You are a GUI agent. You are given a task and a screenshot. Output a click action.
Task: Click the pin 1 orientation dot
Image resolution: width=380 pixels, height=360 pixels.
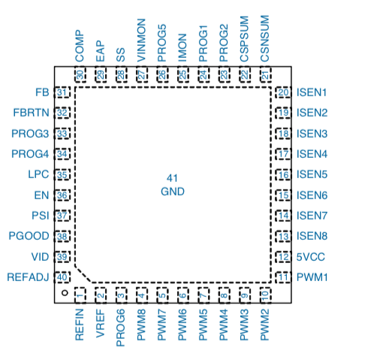(x=65, y=292)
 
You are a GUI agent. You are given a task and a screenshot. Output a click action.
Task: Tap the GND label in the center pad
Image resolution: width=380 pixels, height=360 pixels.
(x=173, y=192)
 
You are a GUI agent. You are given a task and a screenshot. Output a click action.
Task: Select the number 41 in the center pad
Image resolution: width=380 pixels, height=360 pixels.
(x=172, y=178)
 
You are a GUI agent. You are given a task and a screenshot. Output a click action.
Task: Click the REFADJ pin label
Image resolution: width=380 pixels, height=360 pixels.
(x=28, y=277)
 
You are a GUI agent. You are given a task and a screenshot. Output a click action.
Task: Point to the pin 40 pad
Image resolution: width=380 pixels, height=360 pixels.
(x=62, y=277)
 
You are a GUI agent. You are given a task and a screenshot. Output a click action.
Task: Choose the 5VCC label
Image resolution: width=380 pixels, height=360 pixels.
(x=311, y=257)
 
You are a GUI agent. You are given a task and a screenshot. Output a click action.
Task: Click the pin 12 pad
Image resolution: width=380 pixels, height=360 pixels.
(x=283, y=257)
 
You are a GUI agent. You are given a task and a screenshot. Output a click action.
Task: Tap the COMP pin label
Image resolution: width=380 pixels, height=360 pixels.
(x=80, y=46)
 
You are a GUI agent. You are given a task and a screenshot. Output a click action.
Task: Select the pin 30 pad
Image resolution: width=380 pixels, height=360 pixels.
(x=80, y=74)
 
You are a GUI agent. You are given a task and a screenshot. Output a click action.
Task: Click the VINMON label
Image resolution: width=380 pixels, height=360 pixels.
(x=141, y=41)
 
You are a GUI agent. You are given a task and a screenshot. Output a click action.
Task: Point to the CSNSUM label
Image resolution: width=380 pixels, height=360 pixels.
(x=264, y=38)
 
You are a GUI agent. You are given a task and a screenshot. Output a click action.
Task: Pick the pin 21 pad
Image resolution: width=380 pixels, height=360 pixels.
(x=265, y=74)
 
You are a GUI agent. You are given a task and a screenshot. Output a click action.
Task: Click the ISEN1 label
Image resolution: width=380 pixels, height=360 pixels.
(x=312, y=92)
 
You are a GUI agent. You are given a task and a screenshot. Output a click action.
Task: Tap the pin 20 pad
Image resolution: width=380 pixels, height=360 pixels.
(x=283, y=92)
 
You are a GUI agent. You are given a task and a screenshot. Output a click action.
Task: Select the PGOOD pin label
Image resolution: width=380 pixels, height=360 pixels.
(x=29, y=236)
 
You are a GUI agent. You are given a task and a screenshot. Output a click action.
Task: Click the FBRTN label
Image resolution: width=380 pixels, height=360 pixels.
(x=32, y=113)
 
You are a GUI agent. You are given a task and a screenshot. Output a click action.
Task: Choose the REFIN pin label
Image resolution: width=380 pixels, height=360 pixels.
(x=80, y=325)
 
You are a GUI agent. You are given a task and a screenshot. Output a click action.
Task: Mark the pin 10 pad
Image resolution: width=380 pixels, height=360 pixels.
(x=265, y=295)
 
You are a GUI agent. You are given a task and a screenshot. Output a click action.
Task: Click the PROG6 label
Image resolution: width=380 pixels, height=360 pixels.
(x=121, y=328)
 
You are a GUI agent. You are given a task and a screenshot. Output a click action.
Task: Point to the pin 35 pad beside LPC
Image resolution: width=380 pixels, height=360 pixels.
(x=62, y=174)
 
